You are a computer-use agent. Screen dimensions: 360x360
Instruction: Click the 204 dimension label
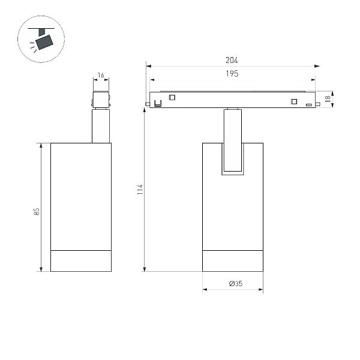(232, 60)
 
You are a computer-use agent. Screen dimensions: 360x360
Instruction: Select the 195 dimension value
(232, 74)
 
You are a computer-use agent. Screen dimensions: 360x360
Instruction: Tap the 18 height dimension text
(328, 99)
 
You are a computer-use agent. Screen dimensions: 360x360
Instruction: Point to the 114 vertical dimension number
(140, 189)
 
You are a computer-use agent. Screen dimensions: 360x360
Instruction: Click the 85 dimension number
(37, 211)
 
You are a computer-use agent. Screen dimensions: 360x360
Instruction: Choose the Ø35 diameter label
(236, 284)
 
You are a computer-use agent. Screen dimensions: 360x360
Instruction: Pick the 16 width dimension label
(101, 75)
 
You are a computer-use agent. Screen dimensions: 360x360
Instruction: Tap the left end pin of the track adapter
(148, 104)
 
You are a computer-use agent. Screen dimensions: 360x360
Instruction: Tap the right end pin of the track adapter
(318, 104)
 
